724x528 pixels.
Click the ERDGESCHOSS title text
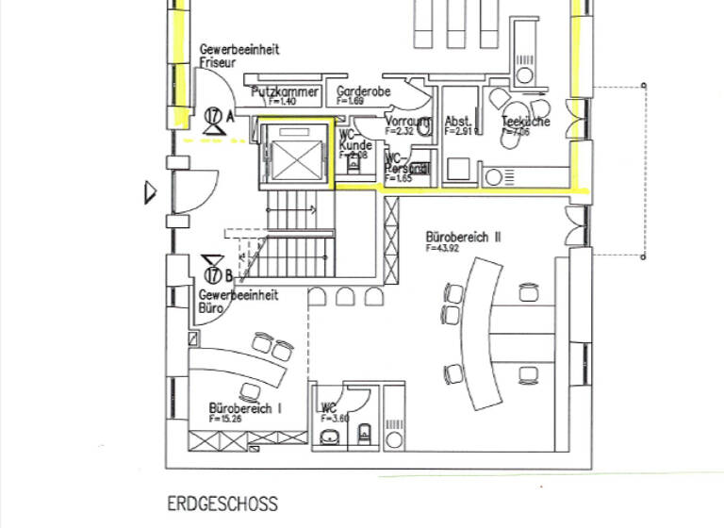point(222,504)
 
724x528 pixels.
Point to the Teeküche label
point(526,122)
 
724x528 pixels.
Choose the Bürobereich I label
point(245,408)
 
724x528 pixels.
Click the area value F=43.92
point(441,250)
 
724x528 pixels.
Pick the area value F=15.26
point(224,419)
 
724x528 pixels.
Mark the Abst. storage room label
point(458,122)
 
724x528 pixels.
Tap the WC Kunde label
point(354,140)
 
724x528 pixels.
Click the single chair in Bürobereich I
point(250,390)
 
